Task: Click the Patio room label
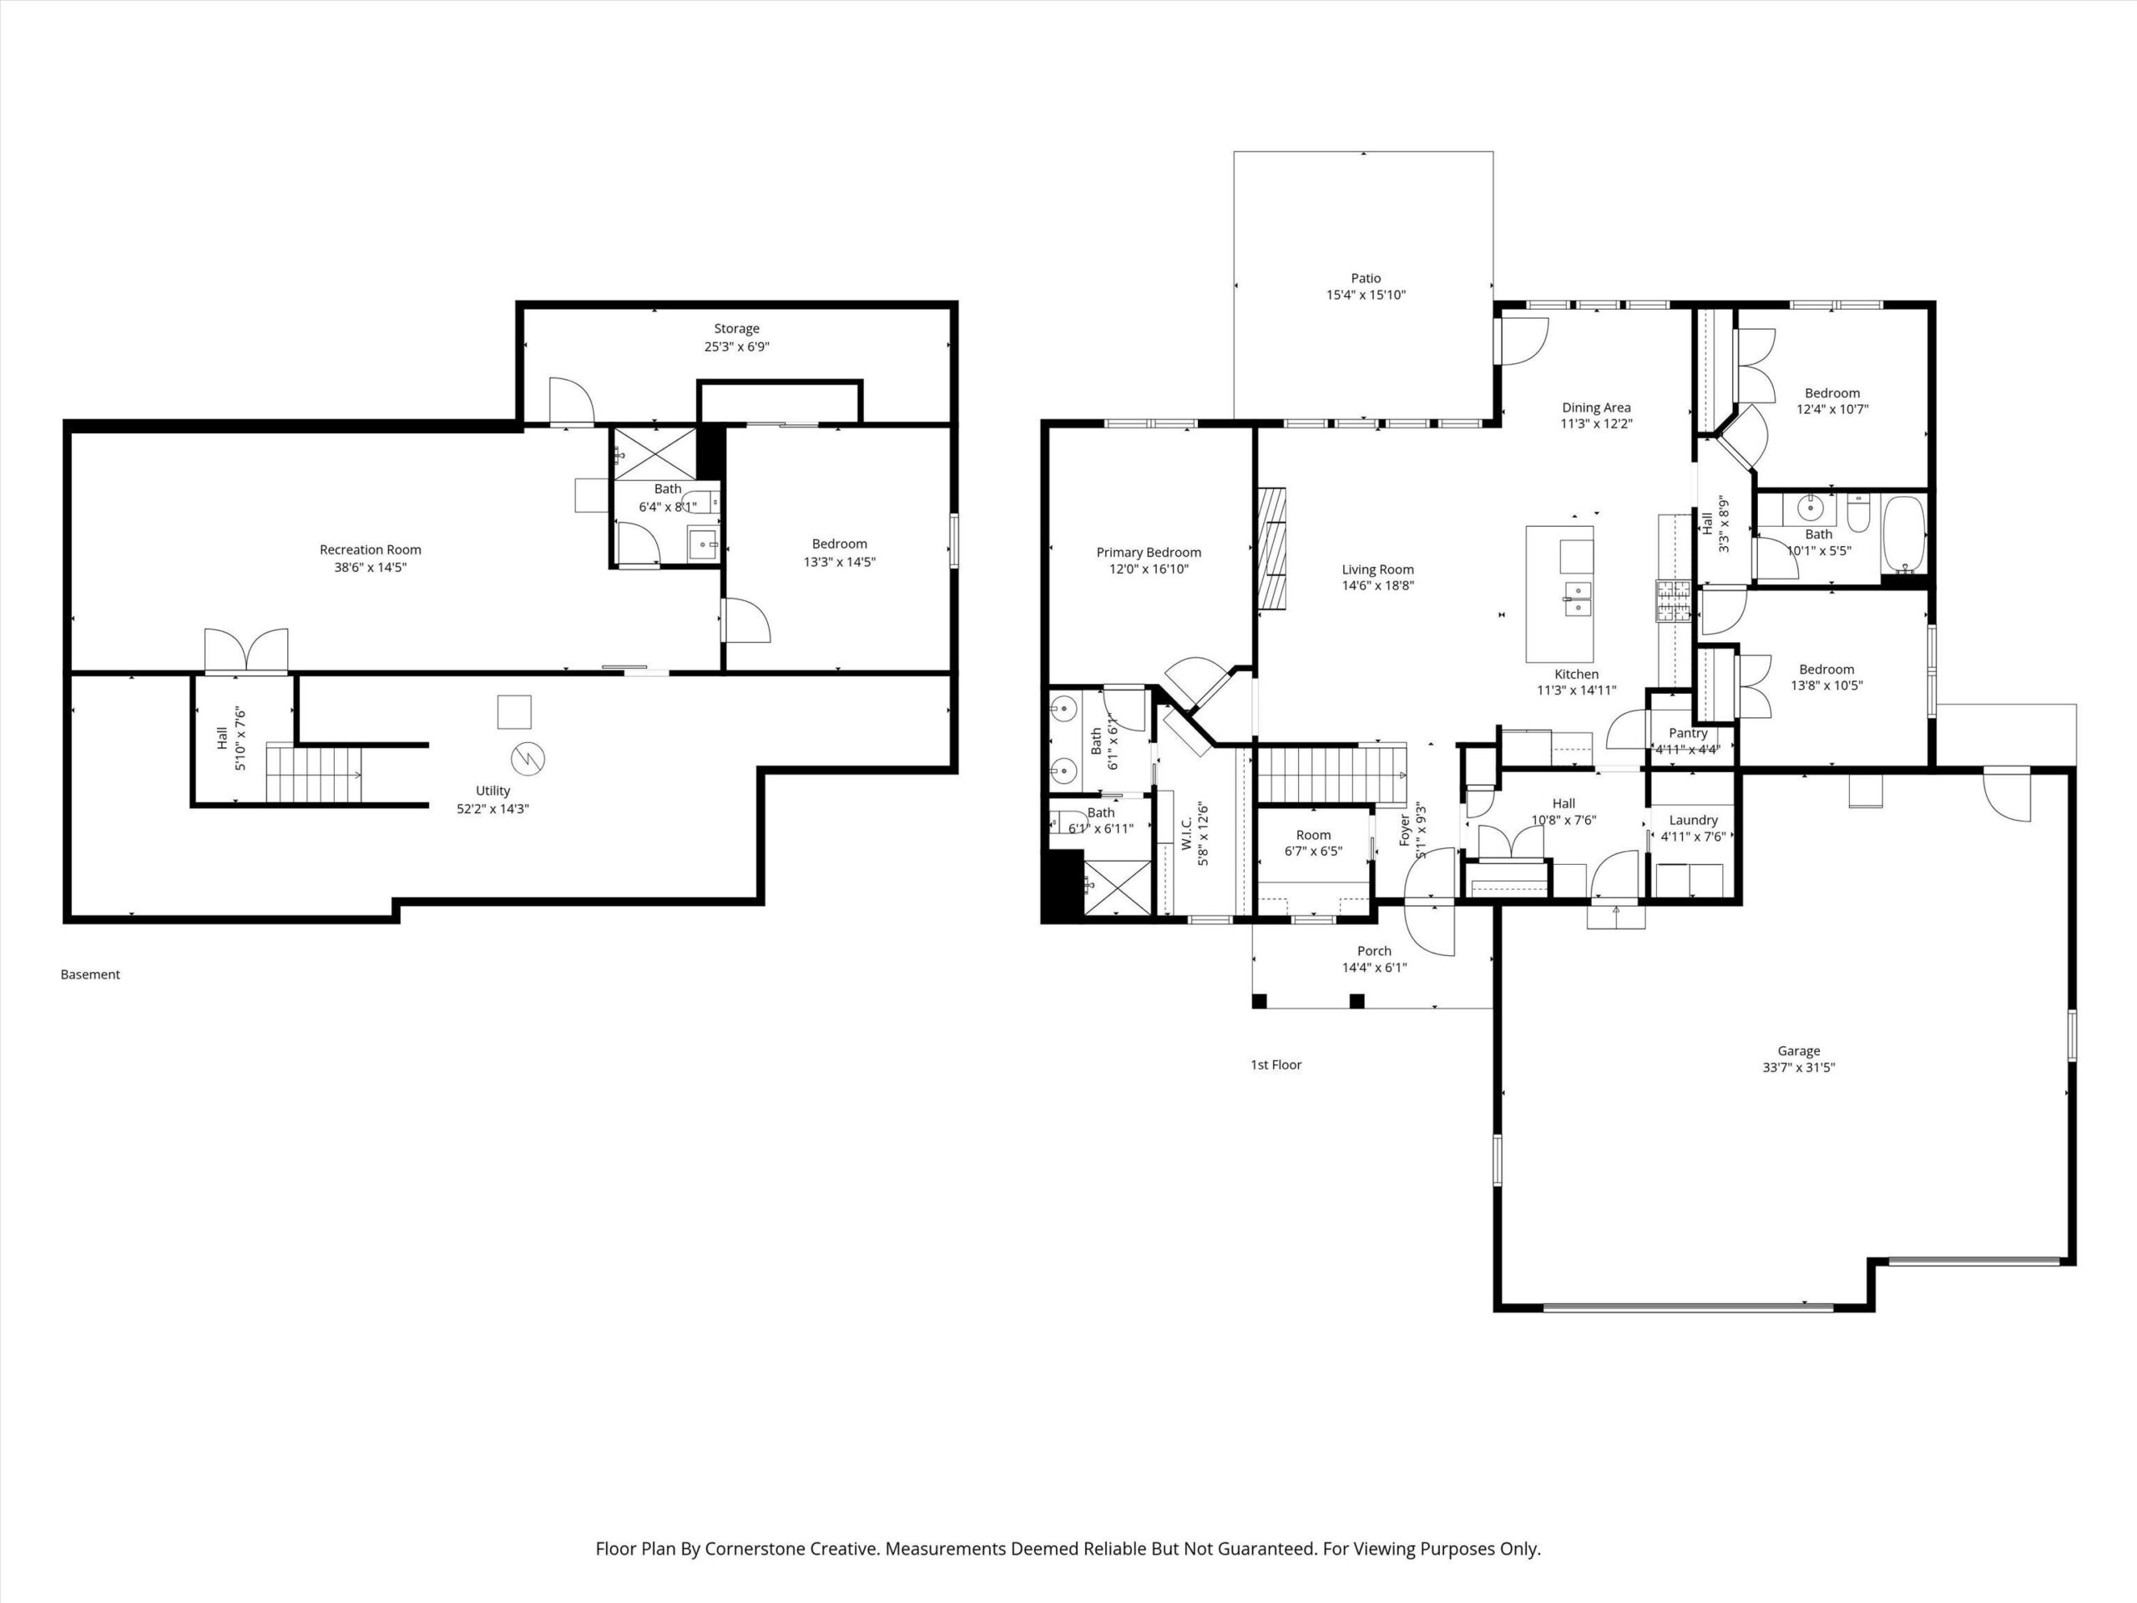click(x=1366, y=278)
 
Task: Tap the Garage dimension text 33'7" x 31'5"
click(x=1798, y=1068)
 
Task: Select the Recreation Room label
click(x=370, y=550)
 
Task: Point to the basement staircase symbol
click(x=314, y=773)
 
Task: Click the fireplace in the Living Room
click(x=1272, y=549)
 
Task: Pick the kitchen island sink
click(x=1578, y=598)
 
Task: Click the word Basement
click(x=90, y=974)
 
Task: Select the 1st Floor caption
click(x=1276, y=1064)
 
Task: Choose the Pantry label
click(x=1688, y=733)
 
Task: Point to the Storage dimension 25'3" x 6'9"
click(x=736, y=346)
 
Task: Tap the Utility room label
click(x=493, y=791)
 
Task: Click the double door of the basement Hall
click(x=246, y=650)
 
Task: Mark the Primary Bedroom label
click(x=1149, y=553)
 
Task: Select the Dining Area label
click(x=1596, y=407)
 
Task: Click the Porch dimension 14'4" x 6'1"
click(x=1374, y=967)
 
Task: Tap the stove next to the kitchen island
click(x=1673, y=600)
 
